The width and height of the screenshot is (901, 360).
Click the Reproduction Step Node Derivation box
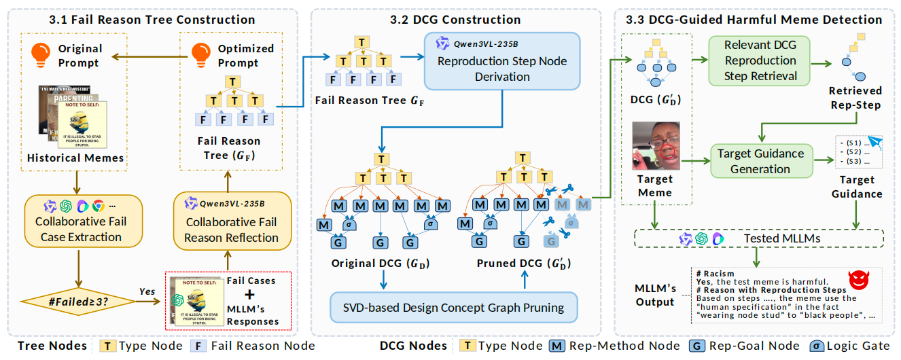click(502, 60)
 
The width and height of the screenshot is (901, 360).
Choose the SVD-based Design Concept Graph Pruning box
click(453, 307)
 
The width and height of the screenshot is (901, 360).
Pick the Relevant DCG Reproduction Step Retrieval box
click(760, 60)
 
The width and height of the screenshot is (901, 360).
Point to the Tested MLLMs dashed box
click(758, 238)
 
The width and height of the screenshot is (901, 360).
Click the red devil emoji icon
click(860, 279)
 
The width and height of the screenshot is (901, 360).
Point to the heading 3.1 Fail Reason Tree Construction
click(152, 20)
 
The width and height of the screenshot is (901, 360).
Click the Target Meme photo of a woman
click(656, 146)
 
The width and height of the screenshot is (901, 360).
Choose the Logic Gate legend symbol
click(818, 346)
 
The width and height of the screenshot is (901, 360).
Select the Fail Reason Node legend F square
click(202, 346)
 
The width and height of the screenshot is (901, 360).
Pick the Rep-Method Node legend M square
click(555, 346)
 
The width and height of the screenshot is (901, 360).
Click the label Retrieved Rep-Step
click(855, 97)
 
